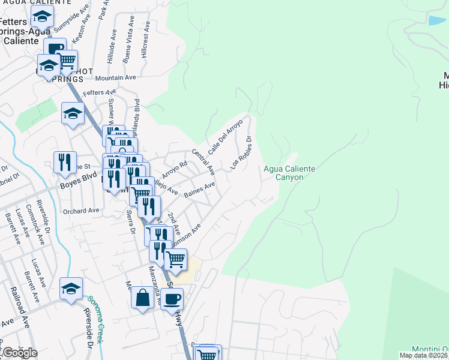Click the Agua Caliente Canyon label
[289, 173]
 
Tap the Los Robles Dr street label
[240, 152]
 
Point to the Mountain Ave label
[116, 77]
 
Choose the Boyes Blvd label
[78, 186]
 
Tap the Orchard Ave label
[81, 211]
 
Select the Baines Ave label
[199, 190]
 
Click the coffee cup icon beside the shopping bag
[172, 298]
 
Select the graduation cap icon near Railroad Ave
[71, 289]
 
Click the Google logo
[20, 353]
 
